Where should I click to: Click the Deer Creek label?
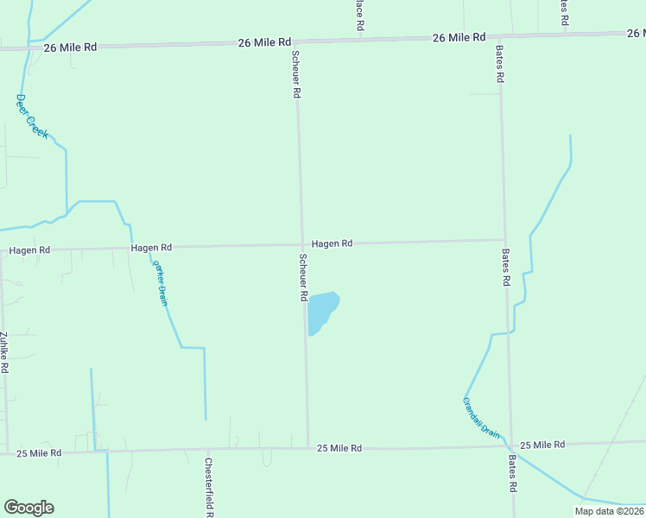tap(32, 116)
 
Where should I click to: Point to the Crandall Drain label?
tap(481, 419)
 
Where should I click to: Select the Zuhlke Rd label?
tap(4, 352)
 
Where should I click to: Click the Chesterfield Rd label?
tap(208, 486)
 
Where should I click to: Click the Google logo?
tap(28, 508)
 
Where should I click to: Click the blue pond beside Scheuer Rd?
tap(322, 312)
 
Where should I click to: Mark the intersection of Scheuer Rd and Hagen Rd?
tap(301, 244)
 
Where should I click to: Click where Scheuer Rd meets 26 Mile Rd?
tap(294, 41)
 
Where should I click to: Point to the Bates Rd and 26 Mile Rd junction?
tap(499, 36)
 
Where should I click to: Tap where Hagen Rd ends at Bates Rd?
tap(505, 240)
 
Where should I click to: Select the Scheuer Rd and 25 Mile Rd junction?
tap(308, 447)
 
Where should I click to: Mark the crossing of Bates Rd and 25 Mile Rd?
tap(511, 445)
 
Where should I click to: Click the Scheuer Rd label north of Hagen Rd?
tap(296, 73)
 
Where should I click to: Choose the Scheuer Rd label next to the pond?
tap(303, 277)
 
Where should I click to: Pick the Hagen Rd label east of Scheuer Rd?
tap(332, 243)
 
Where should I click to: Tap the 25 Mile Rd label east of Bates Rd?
tap(542, 445)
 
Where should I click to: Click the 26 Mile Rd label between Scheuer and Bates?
tap(459, 37)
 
